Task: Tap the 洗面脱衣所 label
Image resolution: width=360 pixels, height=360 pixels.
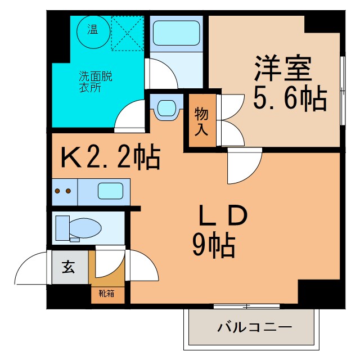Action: click(x=95, y=82)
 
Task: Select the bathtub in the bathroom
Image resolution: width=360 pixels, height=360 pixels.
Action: click(x=176, y=33)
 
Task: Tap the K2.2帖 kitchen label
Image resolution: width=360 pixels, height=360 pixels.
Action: click(x=110, y=158)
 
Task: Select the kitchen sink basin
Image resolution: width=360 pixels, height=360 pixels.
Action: click(x=110, y=191)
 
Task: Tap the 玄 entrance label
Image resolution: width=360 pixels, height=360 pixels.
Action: click(x=69, y=268)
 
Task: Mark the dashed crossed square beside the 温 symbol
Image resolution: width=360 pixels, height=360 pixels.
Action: click(x=128, y=33)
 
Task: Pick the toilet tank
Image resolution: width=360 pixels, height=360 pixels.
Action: click(x=62, y=228)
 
